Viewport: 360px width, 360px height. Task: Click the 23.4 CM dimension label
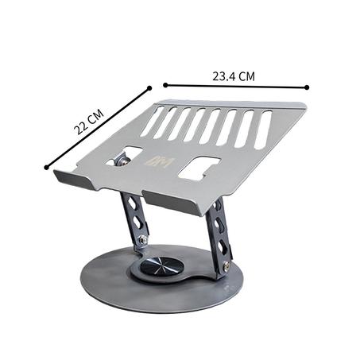[234, 76]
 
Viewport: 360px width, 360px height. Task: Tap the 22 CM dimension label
[88, 122]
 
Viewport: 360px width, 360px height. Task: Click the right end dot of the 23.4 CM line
[307, 87]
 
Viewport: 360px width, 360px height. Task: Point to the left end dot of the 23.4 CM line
[165, 85]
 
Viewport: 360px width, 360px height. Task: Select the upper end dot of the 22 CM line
[149, 88]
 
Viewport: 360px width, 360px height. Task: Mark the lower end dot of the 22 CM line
[47, 167]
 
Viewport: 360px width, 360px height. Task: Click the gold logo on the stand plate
[161, 163]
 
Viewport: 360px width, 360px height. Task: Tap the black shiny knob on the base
[159, 265]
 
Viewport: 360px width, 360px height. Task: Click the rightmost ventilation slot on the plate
[263, 130]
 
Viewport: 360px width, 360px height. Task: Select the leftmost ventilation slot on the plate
[152, 122]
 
